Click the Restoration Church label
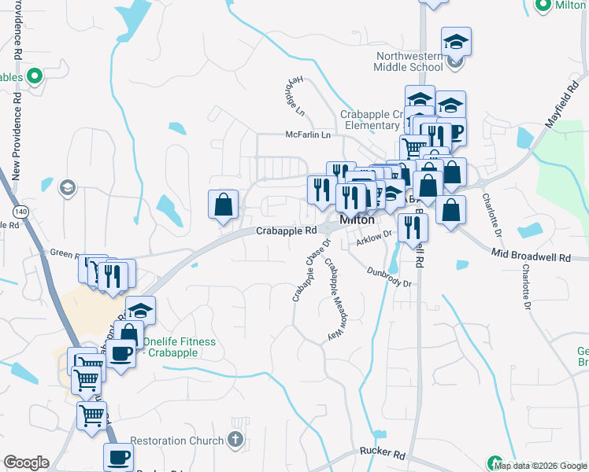pyautogui.click(x=176, y=441)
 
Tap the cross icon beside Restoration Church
pyautogui.click(x=235, y=441)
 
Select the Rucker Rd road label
pyautogui.click(x=382, y=455)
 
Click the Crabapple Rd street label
pyautogui.click(x=286, y=230)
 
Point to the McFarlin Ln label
pyautogui.click(x=309, y=135)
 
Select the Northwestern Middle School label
pyautogui.click(x=409, y=61)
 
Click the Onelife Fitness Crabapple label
pyautogui.click(x=179, y=347)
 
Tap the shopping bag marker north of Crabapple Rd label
pyautogui.click(x=224, y=205)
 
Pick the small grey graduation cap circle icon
pyautogui.click(x=68, y=187)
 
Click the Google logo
pyautogui.click(x=26, y=463)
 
